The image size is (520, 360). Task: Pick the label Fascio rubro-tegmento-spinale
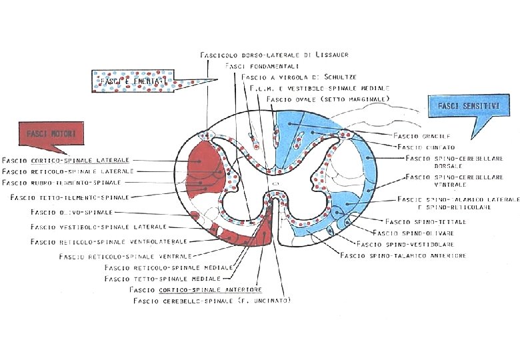pos(61,182)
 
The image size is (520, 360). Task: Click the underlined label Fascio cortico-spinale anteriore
pos(196,290)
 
